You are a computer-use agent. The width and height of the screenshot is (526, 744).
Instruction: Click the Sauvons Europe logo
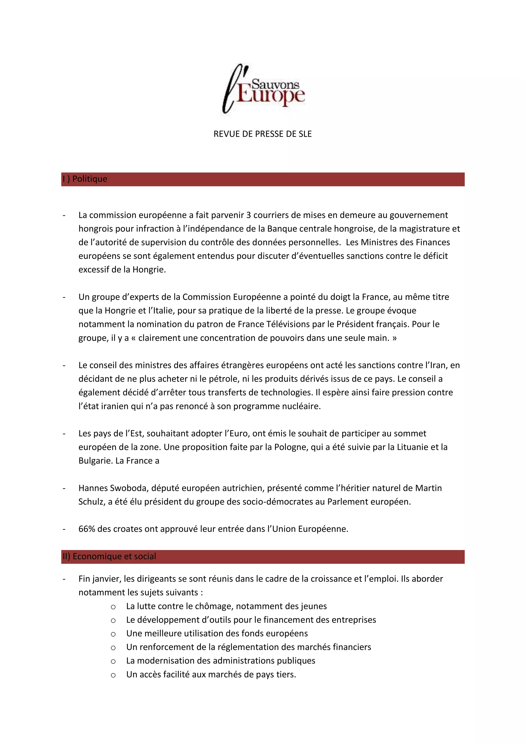point(263,88)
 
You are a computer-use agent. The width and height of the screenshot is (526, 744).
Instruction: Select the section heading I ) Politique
point(85,179)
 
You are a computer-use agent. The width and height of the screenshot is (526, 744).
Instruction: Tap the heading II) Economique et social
point(109,556)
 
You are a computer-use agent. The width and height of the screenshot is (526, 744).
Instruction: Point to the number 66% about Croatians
point(87,529)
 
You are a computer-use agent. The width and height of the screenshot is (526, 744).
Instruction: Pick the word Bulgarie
point(96,461)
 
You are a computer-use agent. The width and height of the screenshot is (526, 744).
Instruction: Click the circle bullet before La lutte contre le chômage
point(113,607)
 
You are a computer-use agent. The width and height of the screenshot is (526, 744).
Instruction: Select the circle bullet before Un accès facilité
point(113,675)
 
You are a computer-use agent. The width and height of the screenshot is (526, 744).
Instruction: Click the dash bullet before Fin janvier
point(64,579)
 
